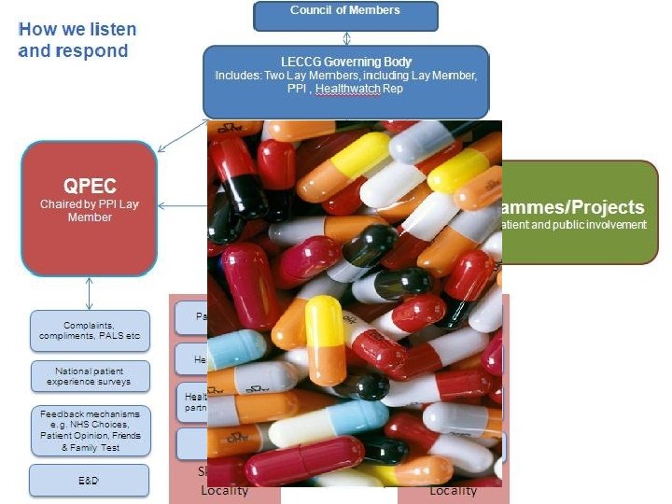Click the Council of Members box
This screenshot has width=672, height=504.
[x=345, y=14]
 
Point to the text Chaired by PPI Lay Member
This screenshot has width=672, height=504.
[x=90, y=211]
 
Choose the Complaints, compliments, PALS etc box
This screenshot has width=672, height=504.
[x=90, y=330]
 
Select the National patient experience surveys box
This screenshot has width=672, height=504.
[x=90, y=376]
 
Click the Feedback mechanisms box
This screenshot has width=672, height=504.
[x=90, y=430]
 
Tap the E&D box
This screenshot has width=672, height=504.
[x=90, y=481]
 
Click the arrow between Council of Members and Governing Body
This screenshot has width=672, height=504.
[x=346, y=38]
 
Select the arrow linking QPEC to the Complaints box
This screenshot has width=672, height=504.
[x=90, y=293]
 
